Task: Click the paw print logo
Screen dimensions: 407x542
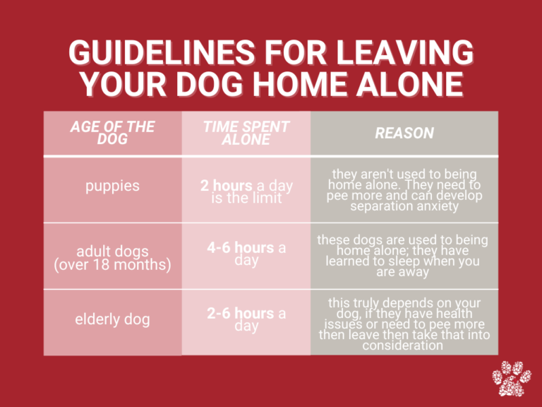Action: [x=512, y=379]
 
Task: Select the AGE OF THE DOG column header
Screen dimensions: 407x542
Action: [x=112, y=133]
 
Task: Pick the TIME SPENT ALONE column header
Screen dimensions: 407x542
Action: [x=246, y=133]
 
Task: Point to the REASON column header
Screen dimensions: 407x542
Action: [x=404, y=133]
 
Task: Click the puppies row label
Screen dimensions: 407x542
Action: [x=112, y=187]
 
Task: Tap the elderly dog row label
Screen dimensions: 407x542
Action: [x=112, y=319]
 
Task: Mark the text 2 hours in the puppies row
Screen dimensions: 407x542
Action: [x=225, y=187]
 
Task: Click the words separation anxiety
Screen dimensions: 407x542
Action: [x=404, y=206]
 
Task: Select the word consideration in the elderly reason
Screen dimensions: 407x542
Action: [x=404, y=346]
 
